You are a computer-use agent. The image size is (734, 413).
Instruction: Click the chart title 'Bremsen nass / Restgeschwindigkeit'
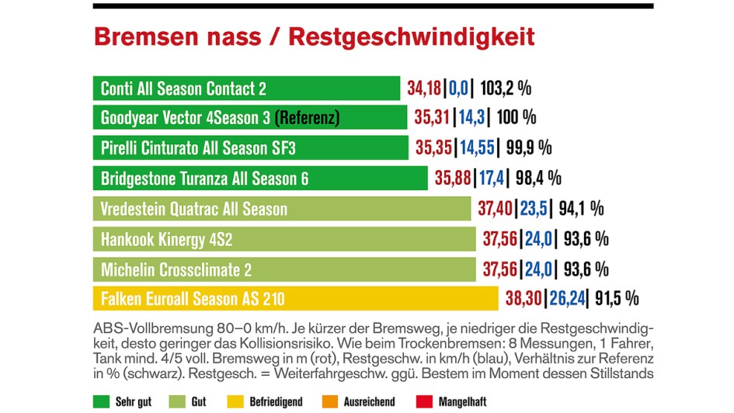click(314, 36)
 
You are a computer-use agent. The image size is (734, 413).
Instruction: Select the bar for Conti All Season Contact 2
click(246, 88)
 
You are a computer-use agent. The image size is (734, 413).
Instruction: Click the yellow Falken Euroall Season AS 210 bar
click(295, 298)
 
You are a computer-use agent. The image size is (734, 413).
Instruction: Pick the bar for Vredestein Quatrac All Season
click(281, 208)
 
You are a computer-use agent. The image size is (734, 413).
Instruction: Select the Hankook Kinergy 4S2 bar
click(284, 238)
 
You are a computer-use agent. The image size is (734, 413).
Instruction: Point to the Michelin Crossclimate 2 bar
click(284, 269)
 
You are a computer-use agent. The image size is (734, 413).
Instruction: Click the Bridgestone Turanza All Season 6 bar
click(260, 178)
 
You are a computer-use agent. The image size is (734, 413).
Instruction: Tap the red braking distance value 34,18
click(424, 88)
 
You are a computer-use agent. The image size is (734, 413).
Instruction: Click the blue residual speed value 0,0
click(458, 88)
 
